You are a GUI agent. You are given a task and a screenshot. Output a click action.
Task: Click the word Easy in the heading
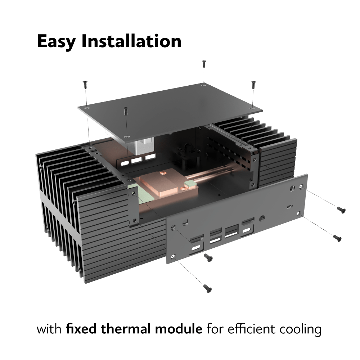click(57, 42)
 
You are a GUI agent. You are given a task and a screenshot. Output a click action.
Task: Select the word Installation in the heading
click(131, 41)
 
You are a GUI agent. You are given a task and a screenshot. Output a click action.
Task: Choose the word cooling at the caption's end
click(300, 330)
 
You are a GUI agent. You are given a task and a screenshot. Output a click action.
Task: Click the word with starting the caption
click(49, 329)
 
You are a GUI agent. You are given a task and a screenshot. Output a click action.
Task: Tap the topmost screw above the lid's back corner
click(204, 64)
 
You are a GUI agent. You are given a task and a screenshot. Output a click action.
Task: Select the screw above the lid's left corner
click(85, 85)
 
